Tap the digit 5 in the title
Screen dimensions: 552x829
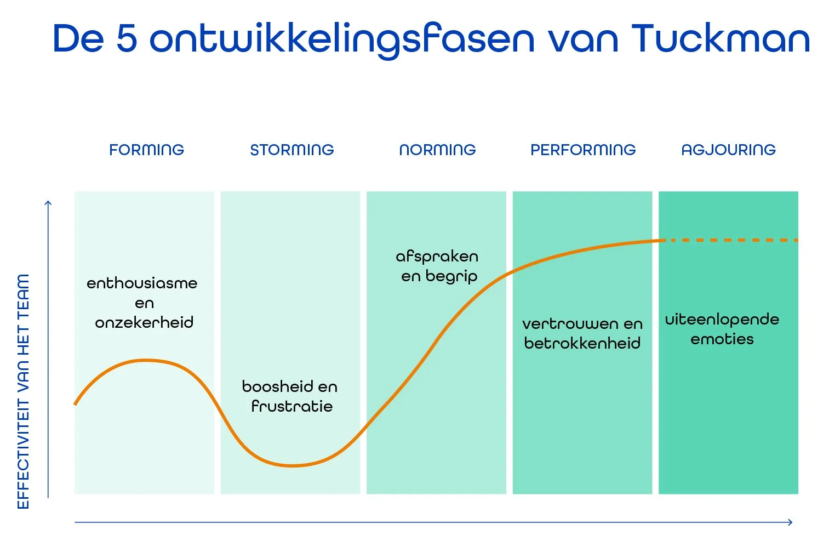click(x=127, y=39)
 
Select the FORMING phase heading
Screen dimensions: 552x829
click(x=146, y=150)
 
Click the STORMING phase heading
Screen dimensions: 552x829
click(x=291, y=150)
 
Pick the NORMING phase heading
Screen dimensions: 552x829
click(x=437, y=150)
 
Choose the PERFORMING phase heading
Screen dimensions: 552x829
click(x=583, y=150)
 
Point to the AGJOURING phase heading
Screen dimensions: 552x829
click(x=728, y=150)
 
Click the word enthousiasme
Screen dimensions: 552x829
click(x=142, y=283)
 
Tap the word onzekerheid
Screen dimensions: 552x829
click(x=144, y=322)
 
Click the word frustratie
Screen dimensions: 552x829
click(x=292, y=406)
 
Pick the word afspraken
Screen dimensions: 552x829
click(x=437, y=257)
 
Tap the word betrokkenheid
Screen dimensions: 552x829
click(x=582, y=343)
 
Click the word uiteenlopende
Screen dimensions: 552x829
click(x=722, y=320)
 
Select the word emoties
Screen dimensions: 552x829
click(x=722, y=339)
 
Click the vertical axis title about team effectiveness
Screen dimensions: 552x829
click(x=23, y=391)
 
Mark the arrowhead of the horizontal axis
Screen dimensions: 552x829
click(x=791, y=522)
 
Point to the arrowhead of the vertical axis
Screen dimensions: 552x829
click(x=48, y=204)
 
